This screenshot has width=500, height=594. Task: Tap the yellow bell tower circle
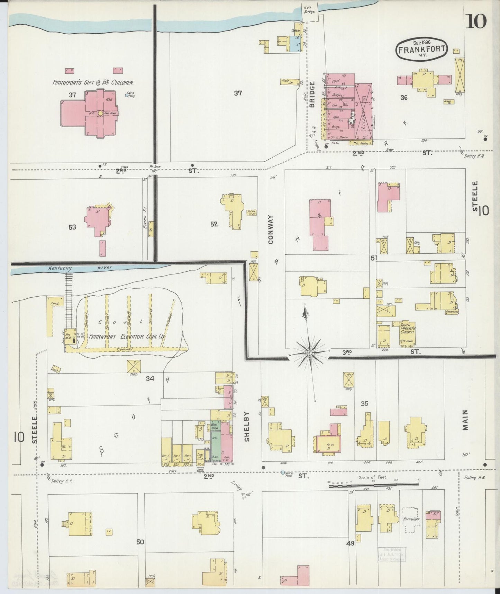(x=100, y=113)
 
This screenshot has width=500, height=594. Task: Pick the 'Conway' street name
(x=271, y=229)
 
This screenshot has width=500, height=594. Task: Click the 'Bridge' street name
(x=312, y=95)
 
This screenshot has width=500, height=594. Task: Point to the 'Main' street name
(x=465, y=420)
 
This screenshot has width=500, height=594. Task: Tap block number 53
(x=72, y=227)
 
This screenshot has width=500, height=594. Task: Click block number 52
(x=214, y=224)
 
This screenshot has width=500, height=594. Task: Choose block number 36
(x=403, y=97)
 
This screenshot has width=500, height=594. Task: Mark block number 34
(x=150, y=378)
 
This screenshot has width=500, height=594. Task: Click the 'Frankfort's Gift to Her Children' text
(x=93, y=83)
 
